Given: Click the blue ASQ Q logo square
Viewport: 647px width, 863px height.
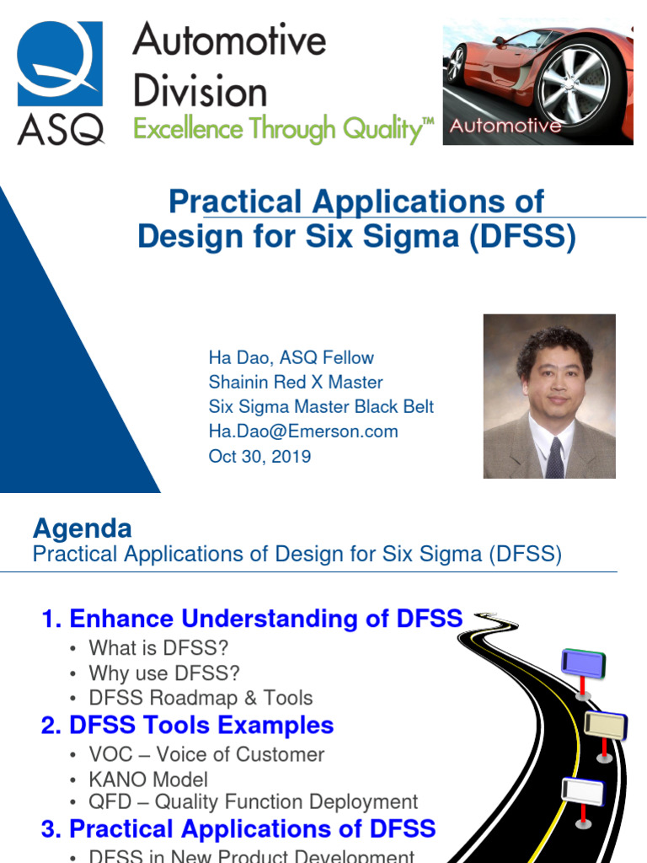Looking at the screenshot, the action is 60,63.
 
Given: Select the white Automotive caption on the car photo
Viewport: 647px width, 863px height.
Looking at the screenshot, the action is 505,126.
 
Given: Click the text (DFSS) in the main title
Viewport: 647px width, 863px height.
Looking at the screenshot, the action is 522,236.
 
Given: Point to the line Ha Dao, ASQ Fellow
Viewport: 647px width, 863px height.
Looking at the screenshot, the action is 291,357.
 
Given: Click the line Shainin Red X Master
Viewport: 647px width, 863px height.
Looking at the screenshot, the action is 296,382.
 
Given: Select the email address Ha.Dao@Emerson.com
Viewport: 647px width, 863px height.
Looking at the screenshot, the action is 303,431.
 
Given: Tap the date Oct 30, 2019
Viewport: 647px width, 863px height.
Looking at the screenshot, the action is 259,456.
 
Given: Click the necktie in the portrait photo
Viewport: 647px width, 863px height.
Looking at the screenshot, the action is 554,458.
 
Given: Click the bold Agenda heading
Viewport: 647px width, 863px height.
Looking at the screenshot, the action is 83,529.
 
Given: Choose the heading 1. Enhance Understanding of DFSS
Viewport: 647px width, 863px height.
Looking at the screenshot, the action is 252,619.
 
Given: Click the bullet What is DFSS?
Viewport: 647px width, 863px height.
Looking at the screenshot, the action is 158,648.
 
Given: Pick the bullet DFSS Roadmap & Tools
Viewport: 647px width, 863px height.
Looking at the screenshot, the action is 201,698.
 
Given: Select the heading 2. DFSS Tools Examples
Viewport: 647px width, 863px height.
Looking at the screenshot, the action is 187,725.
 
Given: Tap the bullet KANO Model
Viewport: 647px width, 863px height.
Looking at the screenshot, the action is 148,780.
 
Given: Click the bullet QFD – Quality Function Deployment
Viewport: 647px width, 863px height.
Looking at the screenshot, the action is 253,802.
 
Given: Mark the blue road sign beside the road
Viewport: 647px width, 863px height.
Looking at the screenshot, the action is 583,664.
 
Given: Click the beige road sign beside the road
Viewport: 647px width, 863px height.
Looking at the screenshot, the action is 605,726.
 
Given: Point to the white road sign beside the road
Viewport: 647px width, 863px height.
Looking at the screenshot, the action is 583,792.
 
